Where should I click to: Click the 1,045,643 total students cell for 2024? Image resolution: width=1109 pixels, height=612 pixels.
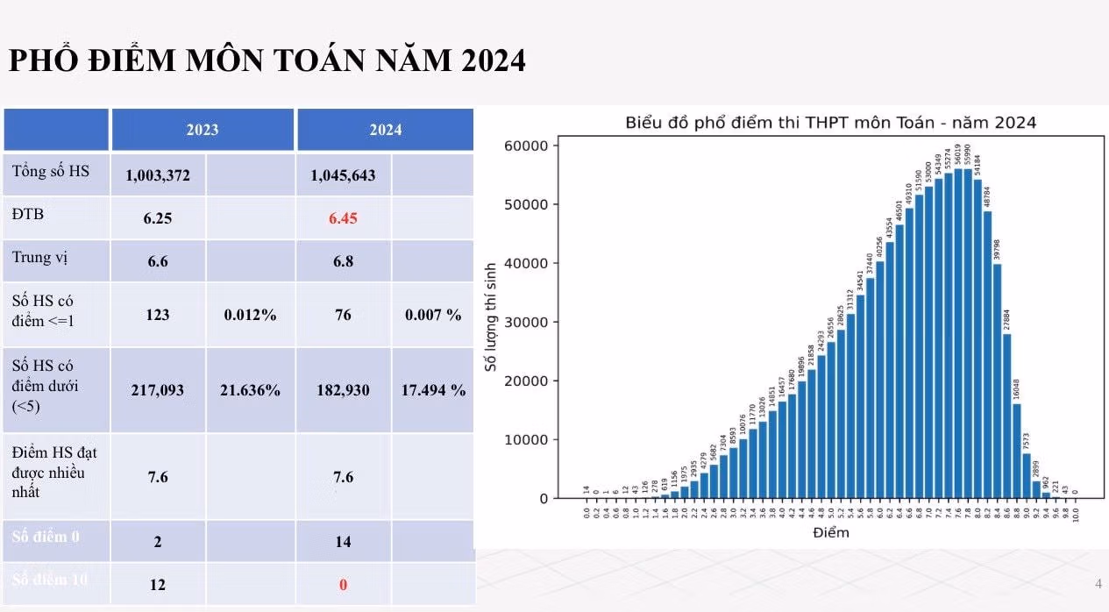point(343,175)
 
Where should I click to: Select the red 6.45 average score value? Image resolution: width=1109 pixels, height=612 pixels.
point(343,218)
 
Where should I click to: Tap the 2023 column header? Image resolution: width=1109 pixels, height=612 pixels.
point(202,130)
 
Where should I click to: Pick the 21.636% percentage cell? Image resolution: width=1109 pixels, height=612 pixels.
point(250,390)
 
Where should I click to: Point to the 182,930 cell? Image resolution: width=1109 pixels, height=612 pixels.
point(343,390)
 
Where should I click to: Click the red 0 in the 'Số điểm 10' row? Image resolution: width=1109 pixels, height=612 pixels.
point(343,585)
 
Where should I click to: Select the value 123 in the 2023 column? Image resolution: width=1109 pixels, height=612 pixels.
point(158,315)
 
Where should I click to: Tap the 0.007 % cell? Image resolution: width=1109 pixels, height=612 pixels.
point(433,315)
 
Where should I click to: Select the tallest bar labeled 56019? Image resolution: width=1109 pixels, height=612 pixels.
point(958,333)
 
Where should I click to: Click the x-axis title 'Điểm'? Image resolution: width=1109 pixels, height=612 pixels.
point(830,532)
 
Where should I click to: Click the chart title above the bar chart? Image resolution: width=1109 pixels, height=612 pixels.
point(830,123)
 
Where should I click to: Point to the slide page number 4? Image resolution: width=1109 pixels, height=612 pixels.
point(1098,584)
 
